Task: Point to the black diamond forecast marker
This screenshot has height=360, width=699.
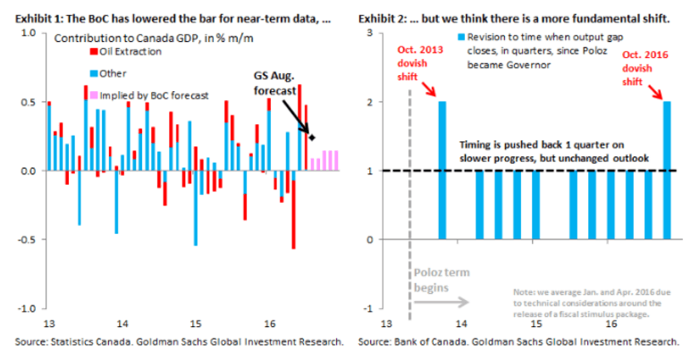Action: pyautogui.click(x=311, y=137)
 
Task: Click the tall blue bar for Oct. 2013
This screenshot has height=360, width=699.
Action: pyautogui.click(x=442, y=170)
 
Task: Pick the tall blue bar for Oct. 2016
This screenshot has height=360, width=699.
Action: pyautogui.click(x=667, y=170)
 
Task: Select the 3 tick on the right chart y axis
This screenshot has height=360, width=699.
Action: pyautogui.click(x=367, y=32)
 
